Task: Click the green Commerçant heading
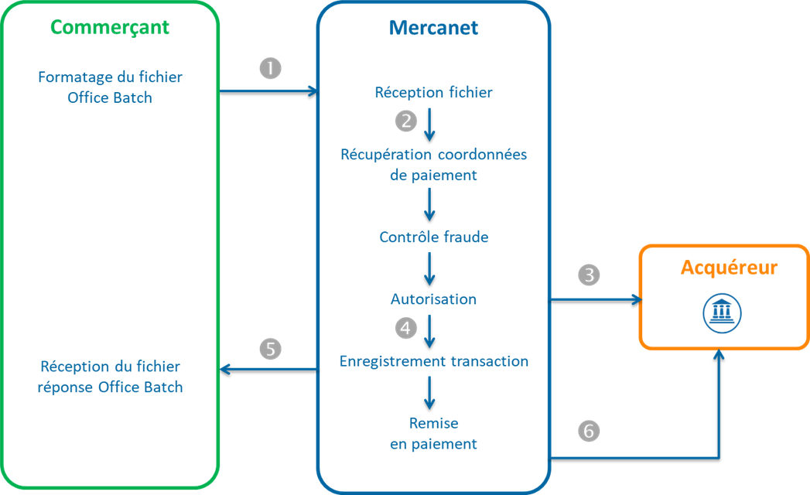coord(110,28)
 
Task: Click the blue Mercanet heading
coord(432,29)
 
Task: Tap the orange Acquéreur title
coord(729,268)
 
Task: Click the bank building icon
coord(722,312)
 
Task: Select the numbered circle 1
coord(270,68)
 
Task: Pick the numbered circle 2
coord(405,121)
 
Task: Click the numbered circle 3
coord(589,275)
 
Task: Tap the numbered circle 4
coord(405,328)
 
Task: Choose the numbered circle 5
coord(270,349)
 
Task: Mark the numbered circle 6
coord(589,432)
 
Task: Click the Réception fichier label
coord(433,93)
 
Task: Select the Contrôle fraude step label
coord(433,237)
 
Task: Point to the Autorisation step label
coord(433,299)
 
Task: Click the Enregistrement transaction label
coord(433,361)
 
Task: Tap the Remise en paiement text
coord(433,434)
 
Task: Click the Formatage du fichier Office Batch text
coord(110,87)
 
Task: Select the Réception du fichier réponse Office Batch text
coord(110,377)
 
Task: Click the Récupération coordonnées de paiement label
coord(433,165)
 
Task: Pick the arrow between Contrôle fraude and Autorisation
coord(430,268)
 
